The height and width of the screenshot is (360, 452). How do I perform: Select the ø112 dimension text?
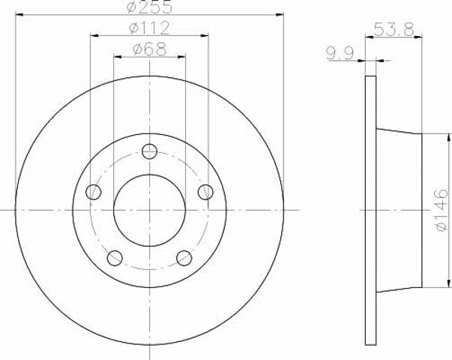click(x=149, y=28)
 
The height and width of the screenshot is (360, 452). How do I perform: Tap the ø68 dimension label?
click(x=149, y=49)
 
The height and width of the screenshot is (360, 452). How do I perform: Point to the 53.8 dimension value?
click(x=394, y=29)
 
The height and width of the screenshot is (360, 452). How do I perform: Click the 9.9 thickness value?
click(x=340, y=53)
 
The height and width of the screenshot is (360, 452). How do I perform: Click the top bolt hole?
click(x=150, y=151)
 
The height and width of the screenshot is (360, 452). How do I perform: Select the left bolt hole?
click(x=94, y=192)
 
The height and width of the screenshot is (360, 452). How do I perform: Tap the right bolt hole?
click(x=206, y=192)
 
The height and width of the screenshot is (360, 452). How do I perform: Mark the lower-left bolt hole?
click(x=115, y=258)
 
